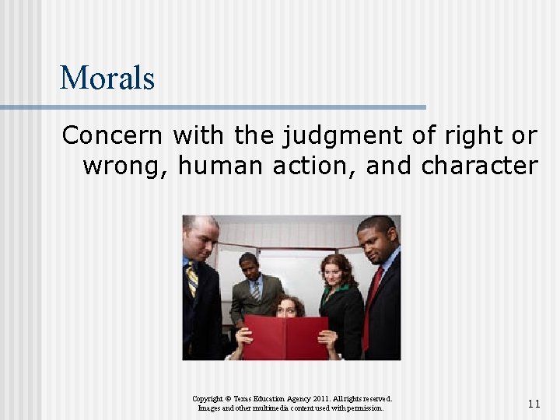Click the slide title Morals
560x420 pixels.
click(107, 78)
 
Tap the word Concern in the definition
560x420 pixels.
click(112, 135)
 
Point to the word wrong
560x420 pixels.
click(125, 166)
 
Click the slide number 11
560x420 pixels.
click(534, 404)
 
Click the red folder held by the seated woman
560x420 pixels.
click(285, 336)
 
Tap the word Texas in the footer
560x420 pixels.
click(253, 398)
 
